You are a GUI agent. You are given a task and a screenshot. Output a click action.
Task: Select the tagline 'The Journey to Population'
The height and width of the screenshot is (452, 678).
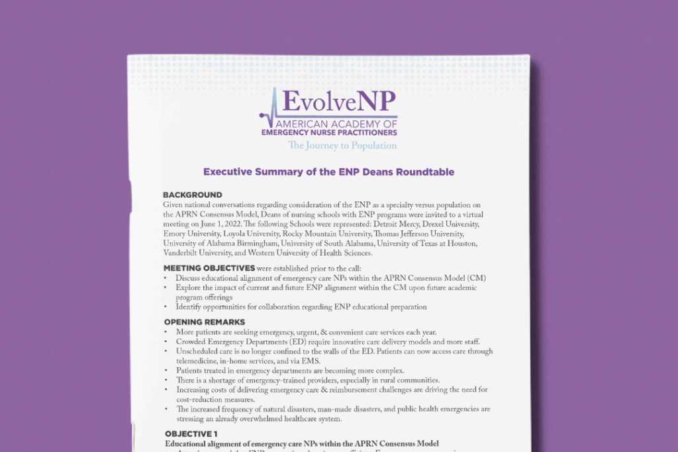(342, 146)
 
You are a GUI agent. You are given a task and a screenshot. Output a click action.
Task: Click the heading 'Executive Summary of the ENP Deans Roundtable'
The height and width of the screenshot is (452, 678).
(328, 172)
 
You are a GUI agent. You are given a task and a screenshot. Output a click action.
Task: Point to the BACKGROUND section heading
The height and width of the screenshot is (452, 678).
(192, 195)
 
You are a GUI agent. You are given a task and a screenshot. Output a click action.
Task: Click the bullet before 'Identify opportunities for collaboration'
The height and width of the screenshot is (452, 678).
(166, 307)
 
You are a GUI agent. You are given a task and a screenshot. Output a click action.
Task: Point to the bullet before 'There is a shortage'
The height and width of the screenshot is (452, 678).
(166, 381)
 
